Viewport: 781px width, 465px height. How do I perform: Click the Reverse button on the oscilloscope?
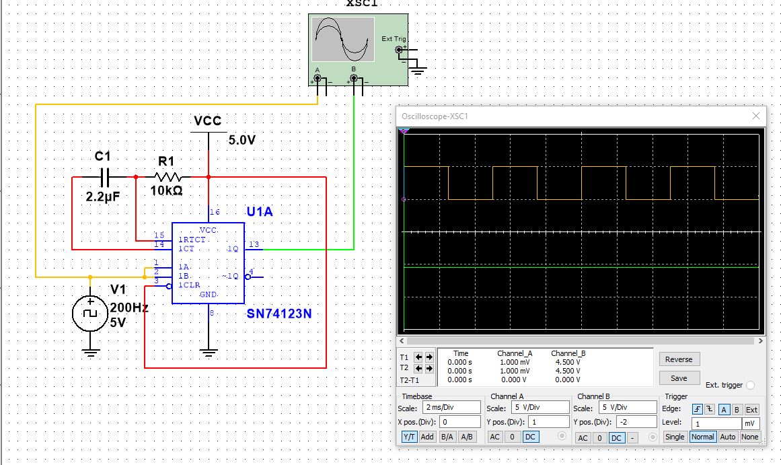679,359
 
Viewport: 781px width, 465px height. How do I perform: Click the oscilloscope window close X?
756,116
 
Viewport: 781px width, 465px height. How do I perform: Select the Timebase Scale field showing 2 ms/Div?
452,407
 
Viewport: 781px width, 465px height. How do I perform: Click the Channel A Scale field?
540,407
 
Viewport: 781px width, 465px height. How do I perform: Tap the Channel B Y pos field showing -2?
636,422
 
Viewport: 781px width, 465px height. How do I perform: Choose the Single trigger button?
675,437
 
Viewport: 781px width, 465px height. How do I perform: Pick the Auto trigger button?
728,437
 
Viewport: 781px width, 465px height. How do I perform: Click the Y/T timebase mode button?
410,437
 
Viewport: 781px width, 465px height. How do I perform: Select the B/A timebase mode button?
447,437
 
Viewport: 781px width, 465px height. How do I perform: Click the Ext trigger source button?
751,410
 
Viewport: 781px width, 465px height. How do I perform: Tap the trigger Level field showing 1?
716,424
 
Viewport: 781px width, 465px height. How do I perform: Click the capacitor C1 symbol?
105,177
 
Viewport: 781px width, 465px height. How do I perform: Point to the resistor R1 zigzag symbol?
167,177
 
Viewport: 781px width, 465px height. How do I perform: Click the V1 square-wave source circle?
90,314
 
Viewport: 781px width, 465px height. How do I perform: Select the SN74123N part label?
279,314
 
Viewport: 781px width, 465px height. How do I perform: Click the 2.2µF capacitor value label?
103,196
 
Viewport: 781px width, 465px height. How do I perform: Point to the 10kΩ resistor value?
166,190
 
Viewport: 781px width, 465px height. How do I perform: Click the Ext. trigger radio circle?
751,385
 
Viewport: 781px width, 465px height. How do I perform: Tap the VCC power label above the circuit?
208,120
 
